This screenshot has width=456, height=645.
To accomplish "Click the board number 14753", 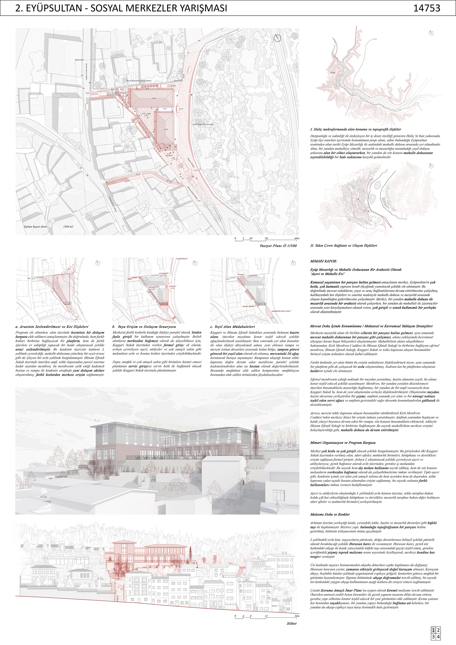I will (426, 8).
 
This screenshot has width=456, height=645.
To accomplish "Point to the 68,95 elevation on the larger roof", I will (154, 98).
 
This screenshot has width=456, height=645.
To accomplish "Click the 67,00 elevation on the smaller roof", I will (166, 130).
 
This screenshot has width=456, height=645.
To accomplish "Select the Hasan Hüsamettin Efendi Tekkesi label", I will (139, 81).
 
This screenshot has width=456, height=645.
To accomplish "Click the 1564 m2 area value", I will (68, 226).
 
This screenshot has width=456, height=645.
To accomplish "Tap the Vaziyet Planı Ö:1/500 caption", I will (278, 245).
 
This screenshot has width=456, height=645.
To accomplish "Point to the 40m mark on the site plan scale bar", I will (297, 238).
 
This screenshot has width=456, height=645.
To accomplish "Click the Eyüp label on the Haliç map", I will (333, 73).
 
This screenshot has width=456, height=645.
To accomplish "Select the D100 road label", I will (374, 39).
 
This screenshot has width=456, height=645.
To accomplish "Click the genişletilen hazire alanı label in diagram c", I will (281, 311).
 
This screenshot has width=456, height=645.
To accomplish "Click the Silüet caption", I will (292, 623).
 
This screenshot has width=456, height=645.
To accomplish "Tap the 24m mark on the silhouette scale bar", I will (297, 616).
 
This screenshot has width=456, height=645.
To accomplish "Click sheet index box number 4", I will (438, 637).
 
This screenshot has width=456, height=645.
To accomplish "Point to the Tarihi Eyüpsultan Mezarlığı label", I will (203, 124).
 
